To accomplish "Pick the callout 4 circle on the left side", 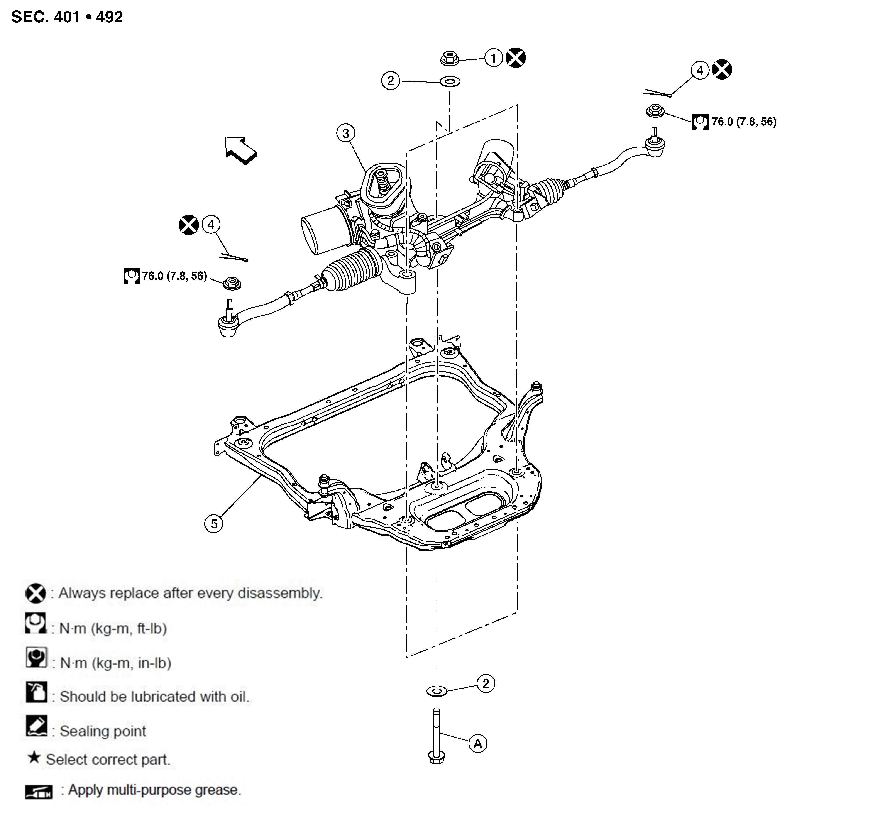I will [211, 225].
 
